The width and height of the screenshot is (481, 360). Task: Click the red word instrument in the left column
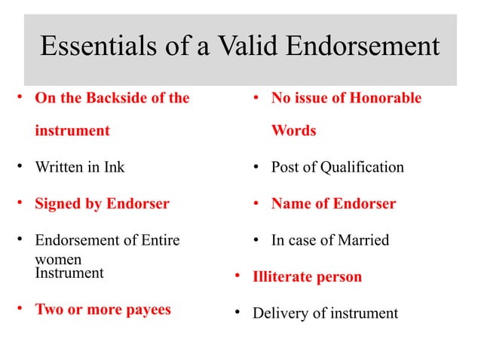[x=72, y=130]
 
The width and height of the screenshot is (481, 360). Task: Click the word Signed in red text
[x=58, y=203]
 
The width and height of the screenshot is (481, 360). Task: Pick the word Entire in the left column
[x=158, y=240]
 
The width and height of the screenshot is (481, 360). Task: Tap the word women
[x=58, y=259]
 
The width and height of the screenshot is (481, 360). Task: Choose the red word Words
[x=293, y=130]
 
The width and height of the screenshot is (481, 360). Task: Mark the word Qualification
[x=363, y=167]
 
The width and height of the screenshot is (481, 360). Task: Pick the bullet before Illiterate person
[x=237, y=276]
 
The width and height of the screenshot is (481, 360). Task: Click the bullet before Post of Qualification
[x=256, y=167]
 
